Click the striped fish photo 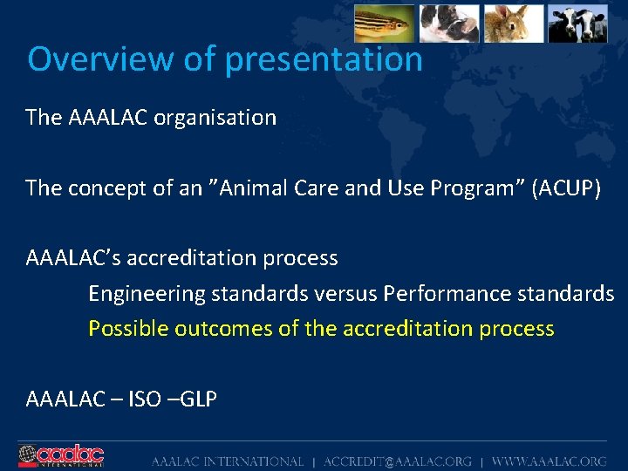click(x=384, y=23)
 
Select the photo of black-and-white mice click(x=448, y=23)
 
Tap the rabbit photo click(x=513, y=23)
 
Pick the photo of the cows click(x=577, y=23)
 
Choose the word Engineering click(x=143, y=294)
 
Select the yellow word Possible click(x=128, y=329)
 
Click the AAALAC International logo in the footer click(x=61, y=455)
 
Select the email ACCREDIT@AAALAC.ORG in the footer click(x=398, y=461)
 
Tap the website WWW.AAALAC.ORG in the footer click(x=549, y=461)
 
